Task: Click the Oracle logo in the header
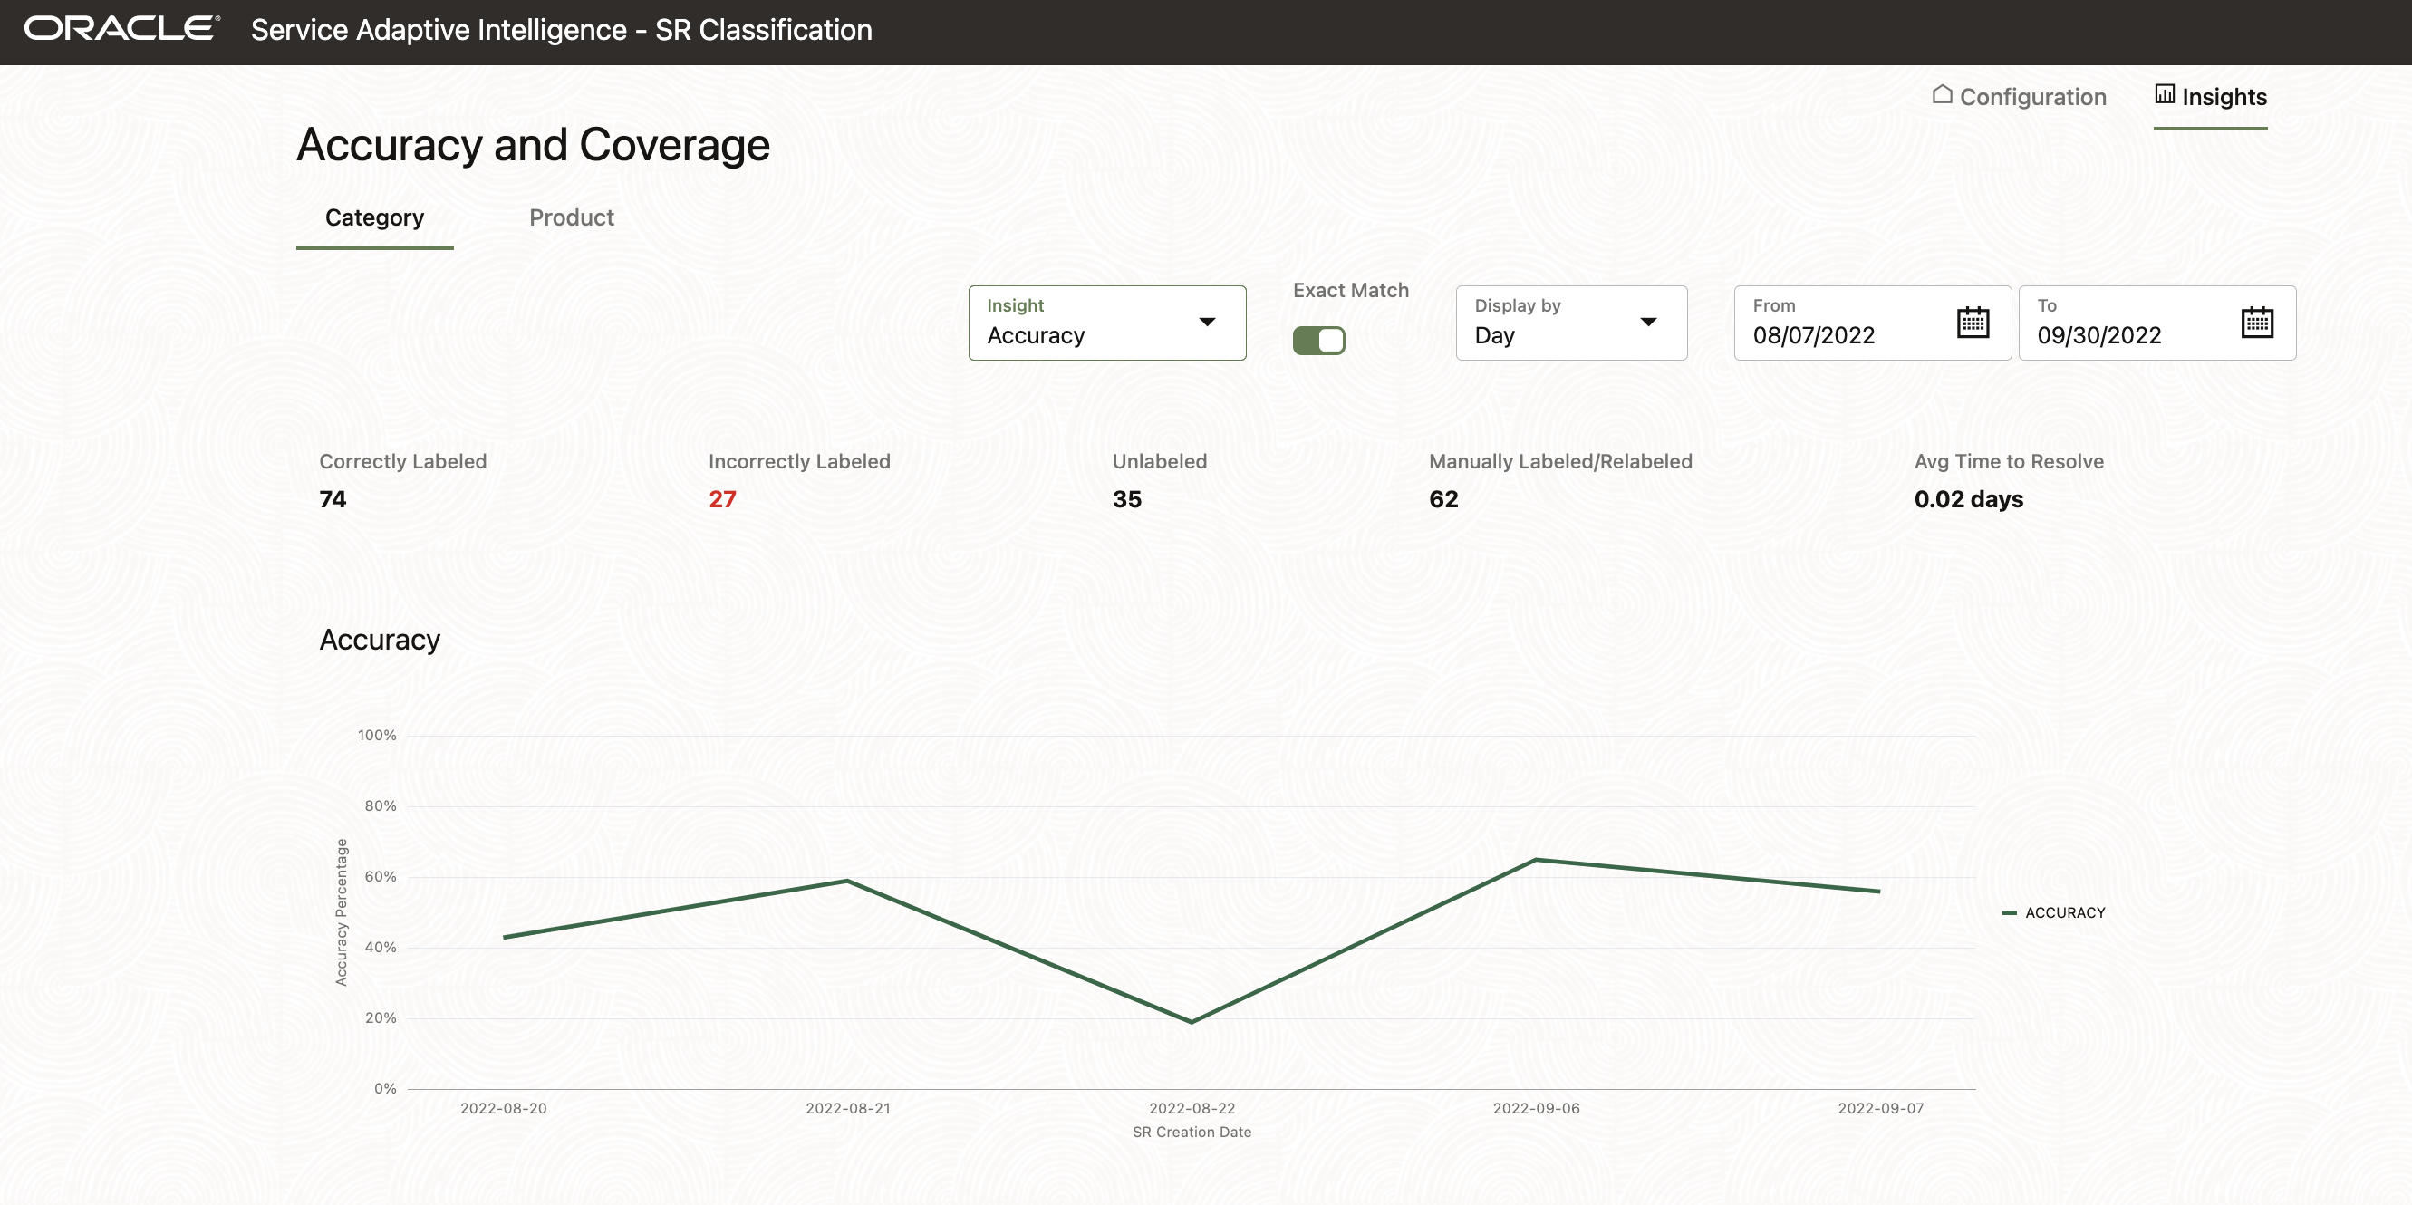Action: [121, 29]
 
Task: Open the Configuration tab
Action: [2019, 96]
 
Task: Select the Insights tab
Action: [2211, 96]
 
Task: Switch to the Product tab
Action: [571, 217]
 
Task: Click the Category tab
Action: [374, 217]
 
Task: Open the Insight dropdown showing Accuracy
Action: [1106, 323]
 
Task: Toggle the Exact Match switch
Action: [1318, 340]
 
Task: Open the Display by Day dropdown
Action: [1571, 323]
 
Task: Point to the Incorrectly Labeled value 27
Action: [722, 499]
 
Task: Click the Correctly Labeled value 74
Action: [333, 499]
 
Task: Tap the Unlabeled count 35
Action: [1126, 499]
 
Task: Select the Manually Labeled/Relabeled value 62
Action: [1442, 499]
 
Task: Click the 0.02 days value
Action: [1968, 499]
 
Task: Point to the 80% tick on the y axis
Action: [381, 805]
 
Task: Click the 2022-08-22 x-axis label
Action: [1192, 1108]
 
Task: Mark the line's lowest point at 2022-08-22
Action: [1191, 1021]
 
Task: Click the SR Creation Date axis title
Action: [1191, 1132]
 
